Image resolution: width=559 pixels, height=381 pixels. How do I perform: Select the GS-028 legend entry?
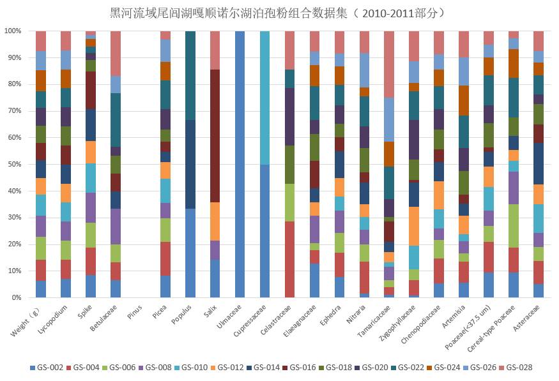[515, 368]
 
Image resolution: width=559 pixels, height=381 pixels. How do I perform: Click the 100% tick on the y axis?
[13, 31]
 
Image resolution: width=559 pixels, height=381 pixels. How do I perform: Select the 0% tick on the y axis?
[16, 297]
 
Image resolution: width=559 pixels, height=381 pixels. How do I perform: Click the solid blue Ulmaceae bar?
[240, 164]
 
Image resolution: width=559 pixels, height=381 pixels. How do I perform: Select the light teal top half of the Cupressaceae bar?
[265, 98]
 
